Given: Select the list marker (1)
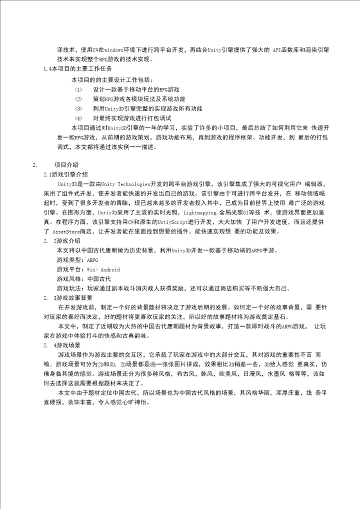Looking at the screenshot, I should coord(78,89).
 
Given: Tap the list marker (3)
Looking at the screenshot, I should coord(78,108).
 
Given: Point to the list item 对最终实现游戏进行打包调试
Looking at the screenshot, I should coord(132,118).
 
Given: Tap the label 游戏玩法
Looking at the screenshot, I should coord(69,288).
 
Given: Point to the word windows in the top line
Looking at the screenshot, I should coord(115,50).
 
